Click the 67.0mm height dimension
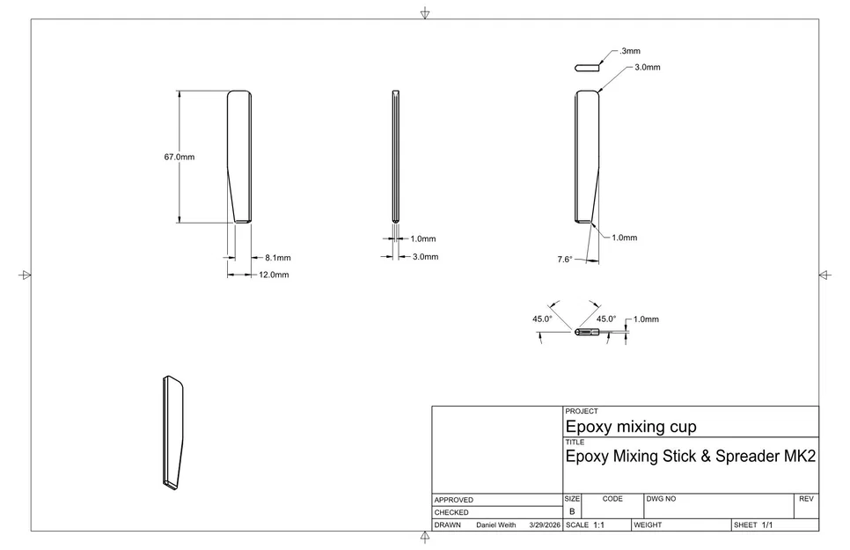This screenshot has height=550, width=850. [179, 158]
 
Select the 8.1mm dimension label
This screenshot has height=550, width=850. [277, 258]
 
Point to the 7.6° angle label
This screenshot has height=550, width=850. [565, 260]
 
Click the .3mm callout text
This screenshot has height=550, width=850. [629, 52]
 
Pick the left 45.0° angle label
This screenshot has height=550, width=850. [542, 319]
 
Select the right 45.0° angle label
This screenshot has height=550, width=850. [606, 319]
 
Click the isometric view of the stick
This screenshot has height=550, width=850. [173, 432]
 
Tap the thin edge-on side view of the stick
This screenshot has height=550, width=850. [396, 156]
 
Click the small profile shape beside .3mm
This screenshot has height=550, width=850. [586, 65]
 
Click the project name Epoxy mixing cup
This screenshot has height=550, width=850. [630, 428]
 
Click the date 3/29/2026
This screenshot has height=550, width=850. [545, 524]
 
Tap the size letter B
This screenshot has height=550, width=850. [572, 511]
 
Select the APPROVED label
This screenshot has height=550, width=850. [453, 500]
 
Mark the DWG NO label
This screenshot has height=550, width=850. [661, 499]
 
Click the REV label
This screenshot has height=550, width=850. [806, 499]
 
